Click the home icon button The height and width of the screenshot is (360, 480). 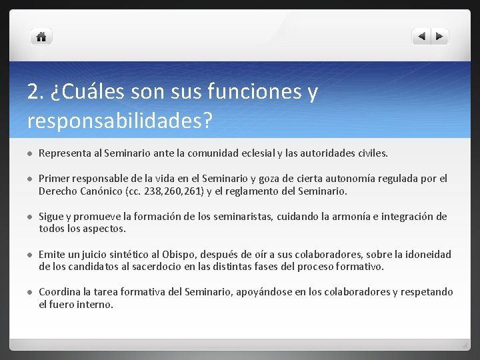[x=41, y=37]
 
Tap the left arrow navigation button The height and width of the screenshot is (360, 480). [x=421, y=37]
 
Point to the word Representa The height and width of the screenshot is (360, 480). [x=65, y=153]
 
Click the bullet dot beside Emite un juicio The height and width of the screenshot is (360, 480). [x=30, y=255]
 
